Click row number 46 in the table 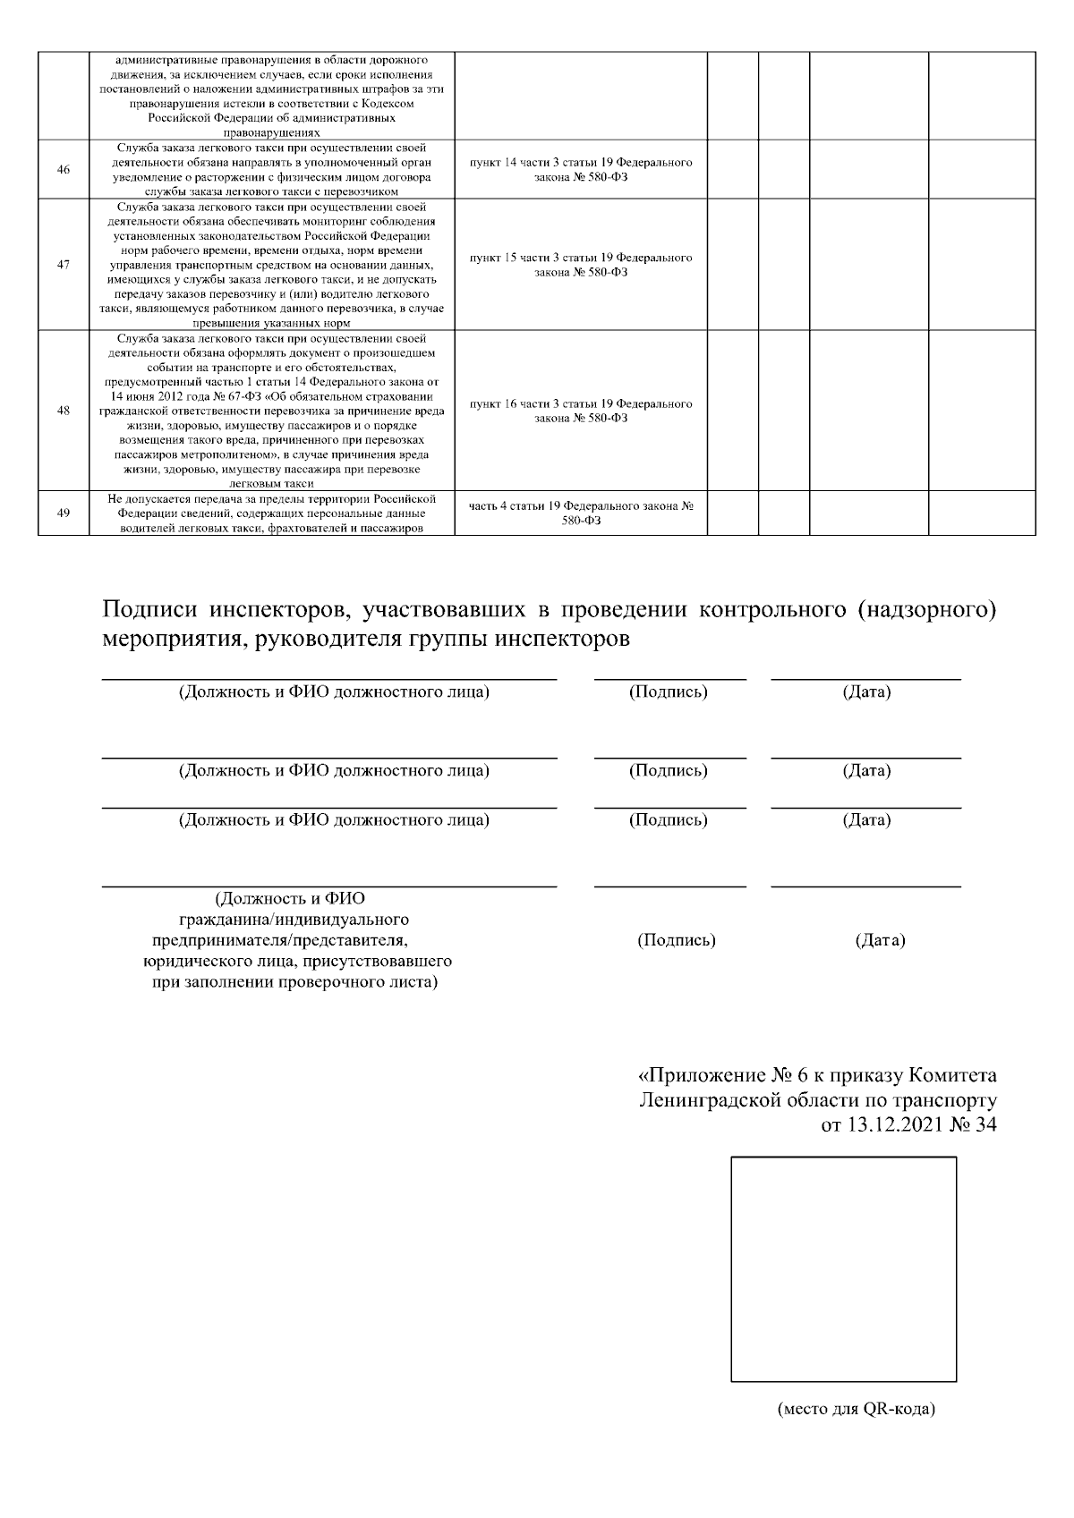64,170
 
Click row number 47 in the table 64,265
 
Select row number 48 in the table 64,411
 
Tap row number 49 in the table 64,513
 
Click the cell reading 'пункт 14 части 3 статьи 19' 581,170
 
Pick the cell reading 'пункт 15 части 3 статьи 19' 581,265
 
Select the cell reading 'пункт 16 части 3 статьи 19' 581,411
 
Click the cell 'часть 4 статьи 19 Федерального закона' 581,513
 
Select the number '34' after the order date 984,1125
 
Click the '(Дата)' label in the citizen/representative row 880,940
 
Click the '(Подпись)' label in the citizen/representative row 676,940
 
